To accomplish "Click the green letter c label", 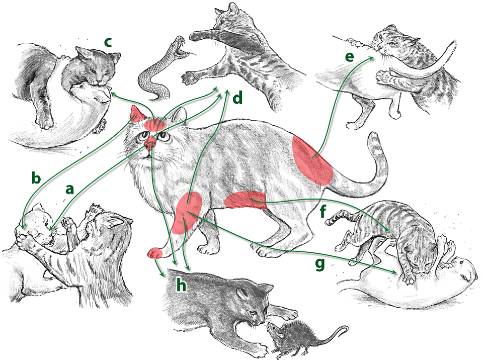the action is (x=108, y=43).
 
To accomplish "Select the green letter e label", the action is (x=349, y=57).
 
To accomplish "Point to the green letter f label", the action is (x=323, y=211).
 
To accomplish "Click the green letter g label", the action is (x=320, y=264).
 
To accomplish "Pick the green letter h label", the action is (x=181, y=286).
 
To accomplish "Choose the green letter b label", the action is (x=36, y=177).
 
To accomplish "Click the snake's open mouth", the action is (x=179, y=49).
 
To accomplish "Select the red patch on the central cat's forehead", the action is (x=155, y=125).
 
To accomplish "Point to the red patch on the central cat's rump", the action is (x=312, y=160).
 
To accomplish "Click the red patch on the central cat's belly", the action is (x=245, y=200).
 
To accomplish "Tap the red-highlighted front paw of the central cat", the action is (x=154, y=253).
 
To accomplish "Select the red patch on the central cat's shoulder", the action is (x=187, y=213).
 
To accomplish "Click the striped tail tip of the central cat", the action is (x=374, y=139).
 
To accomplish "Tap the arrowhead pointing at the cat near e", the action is (x=371, y=58).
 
